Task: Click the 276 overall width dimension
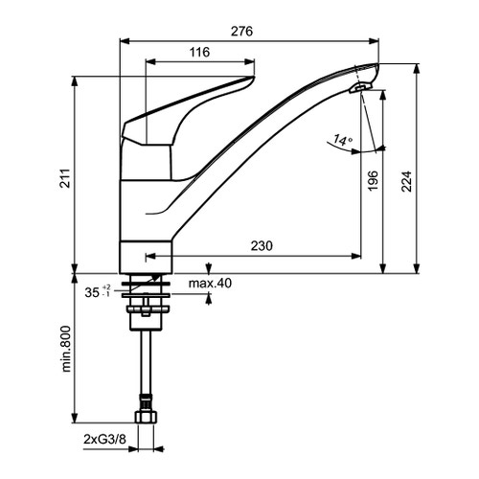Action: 241,32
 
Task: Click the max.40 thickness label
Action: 209,283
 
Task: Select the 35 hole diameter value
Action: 91,293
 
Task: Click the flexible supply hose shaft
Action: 147,364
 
